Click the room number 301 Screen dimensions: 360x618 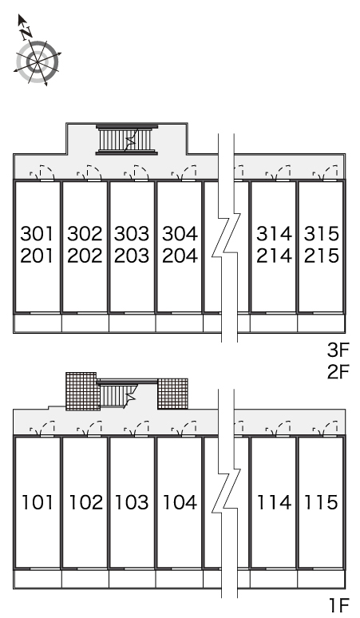37,234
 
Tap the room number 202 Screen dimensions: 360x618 85,256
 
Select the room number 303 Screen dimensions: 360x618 132,234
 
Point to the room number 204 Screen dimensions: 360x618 180,256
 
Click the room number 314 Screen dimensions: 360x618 274,234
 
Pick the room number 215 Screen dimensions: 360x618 322,256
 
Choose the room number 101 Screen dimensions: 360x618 37,502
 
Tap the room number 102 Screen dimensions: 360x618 85,502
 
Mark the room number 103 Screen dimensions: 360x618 132,502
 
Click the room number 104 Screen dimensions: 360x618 180,502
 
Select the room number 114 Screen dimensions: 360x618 274,502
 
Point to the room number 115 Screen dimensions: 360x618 321,502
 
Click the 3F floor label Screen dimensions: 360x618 338,350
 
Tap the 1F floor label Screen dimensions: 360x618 339,604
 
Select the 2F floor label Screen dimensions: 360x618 338,371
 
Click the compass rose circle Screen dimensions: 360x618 38,62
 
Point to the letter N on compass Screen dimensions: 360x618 26,33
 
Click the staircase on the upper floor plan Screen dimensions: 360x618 127,140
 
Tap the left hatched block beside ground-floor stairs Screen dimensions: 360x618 81,391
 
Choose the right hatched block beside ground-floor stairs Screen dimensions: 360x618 172,394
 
